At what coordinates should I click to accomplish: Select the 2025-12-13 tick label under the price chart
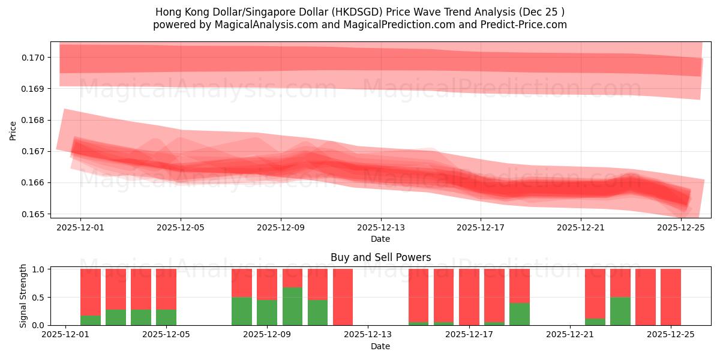tap(381, 228)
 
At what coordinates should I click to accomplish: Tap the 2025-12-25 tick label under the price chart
tap(681, 228)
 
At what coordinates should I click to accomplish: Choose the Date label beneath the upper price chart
tap(380, 239)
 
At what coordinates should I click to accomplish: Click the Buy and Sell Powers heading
tap(380, 257)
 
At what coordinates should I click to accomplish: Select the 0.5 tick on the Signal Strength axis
tap(38, 297)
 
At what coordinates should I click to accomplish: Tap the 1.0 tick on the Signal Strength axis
tap(38, 269)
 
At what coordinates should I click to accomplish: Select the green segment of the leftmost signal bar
tap(91, 320)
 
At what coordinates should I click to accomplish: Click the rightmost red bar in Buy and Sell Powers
tap(671, 296)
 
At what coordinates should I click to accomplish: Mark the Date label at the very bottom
tap(380, 346)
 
